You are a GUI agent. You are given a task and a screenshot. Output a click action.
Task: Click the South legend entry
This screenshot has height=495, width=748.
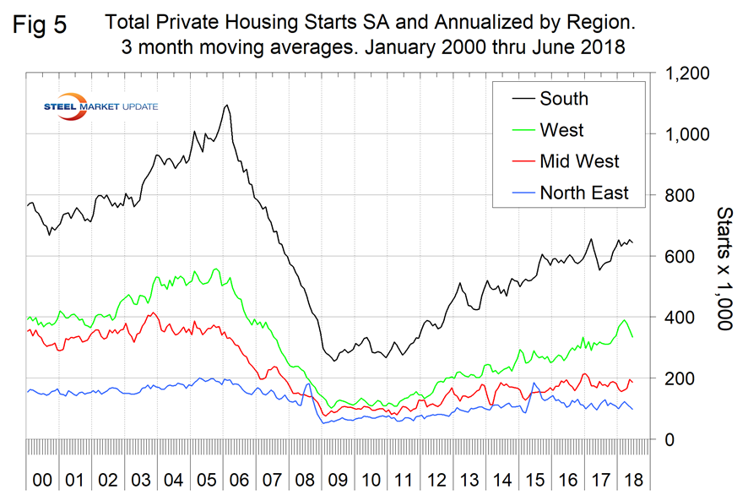(564, 99)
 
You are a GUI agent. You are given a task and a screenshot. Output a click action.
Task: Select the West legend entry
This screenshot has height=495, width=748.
(561, 130)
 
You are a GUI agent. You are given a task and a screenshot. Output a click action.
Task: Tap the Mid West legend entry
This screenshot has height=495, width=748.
(579, 161)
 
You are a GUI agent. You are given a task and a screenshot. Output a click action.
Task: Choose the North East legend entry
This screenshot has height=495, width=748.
(584, 193)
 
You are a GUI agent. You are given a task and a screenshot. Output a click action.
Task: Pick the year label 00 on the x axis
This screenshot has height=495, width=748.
(41, 480)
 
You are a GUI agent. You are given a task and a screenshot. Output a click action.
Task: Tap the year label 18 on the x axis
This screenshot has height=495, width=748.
(629, 480)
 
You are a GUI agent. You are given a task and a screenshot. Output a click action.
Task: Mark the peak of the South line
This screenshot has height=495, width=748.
(227, 106)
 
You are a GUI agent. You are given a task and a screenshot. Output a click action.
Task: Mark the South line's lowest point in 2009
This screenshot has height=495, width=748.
(334, 361)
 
